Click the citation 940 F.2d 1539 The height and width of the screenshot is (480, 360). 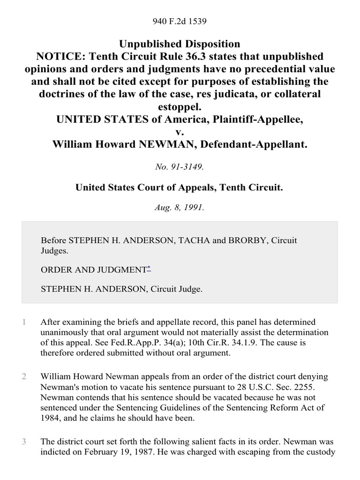(x=180, y=21)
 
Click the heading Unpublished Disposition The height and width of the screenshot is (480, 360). (x=180, y=44)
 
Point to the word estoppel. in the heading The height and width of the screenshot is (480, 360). (x=180, y=106)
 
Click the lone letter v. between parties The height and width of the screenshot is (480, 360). (x=180, y=132)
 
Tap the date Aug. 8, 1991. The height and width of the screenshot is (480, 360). (x=180, y=207)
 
